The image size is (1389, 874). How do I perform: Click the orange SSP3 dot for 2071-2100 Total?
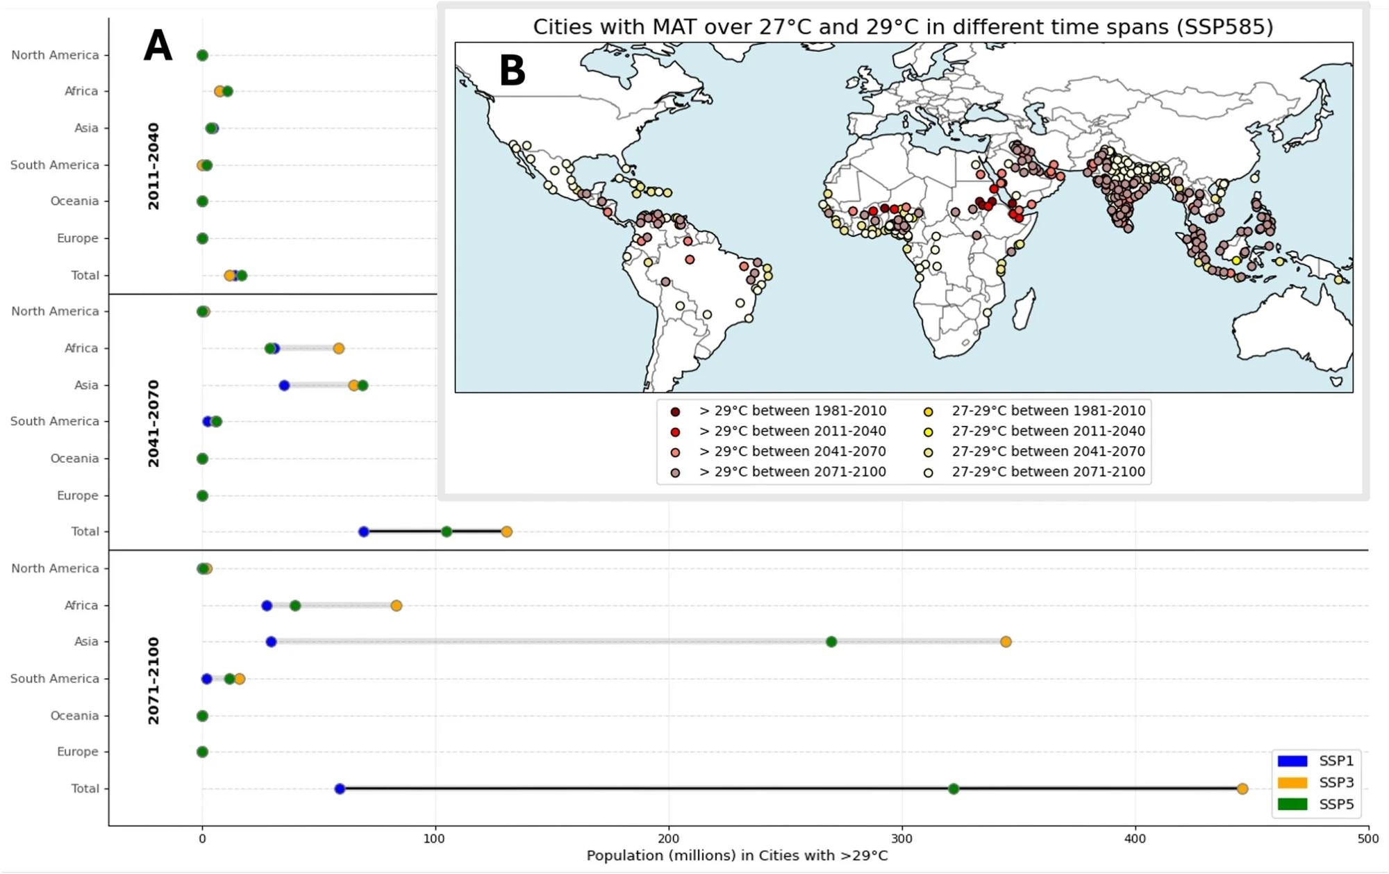(x=1242, y=789)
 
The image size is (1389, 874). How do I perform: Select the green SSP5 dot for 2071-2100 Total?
(x=954, y=789)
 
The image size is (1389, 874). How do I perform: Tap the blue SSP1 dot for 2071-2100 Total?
(x=340, y=789)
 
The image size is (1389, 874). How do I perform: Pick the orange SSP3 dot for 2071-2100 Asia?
(x=1006, y=641)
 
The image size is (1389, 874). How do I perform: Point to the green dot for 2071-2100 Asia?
(x=831, y=641)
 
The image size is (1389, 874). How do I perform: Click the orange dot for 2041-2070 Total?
(x=506, y=531)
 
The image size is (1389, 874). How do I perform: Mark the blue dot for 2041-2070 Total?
(x=363, y=531)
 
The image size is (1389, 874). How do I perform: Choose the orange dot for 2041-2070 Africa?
(x=338, y=348)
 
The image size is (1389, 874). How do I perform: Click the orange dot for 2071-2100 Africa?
(x=396, y=605)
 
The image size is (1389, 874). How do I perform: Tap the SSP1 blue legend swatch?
(x=1292, y=761)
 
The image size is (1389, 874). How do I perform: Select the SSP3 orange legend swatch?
(x=1292, y=782)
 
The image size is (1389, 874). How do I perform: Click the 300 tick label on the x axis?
(x=902, y=839)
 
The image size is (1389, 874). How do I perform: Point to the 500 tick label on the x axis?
(x=1368, y=839)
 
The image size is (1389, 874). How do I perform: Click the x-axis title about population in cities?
(x=737, y=855)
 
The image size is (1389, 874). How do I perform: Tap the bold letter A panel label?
(x=158, y=47)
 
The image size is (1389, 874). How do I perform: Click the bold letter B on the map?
(x=512, y=71)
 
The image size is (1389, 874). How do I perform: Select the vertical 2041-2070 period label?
(x=153, y=423)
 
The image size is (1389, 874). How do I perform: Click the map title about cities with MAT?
(x=903, y=26)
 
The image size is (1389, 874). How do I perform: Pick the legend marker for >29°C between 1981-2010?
(x=675, y=411)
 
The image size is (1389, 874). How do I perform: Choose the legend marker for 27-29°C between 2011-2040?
(x=928, y=431)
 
